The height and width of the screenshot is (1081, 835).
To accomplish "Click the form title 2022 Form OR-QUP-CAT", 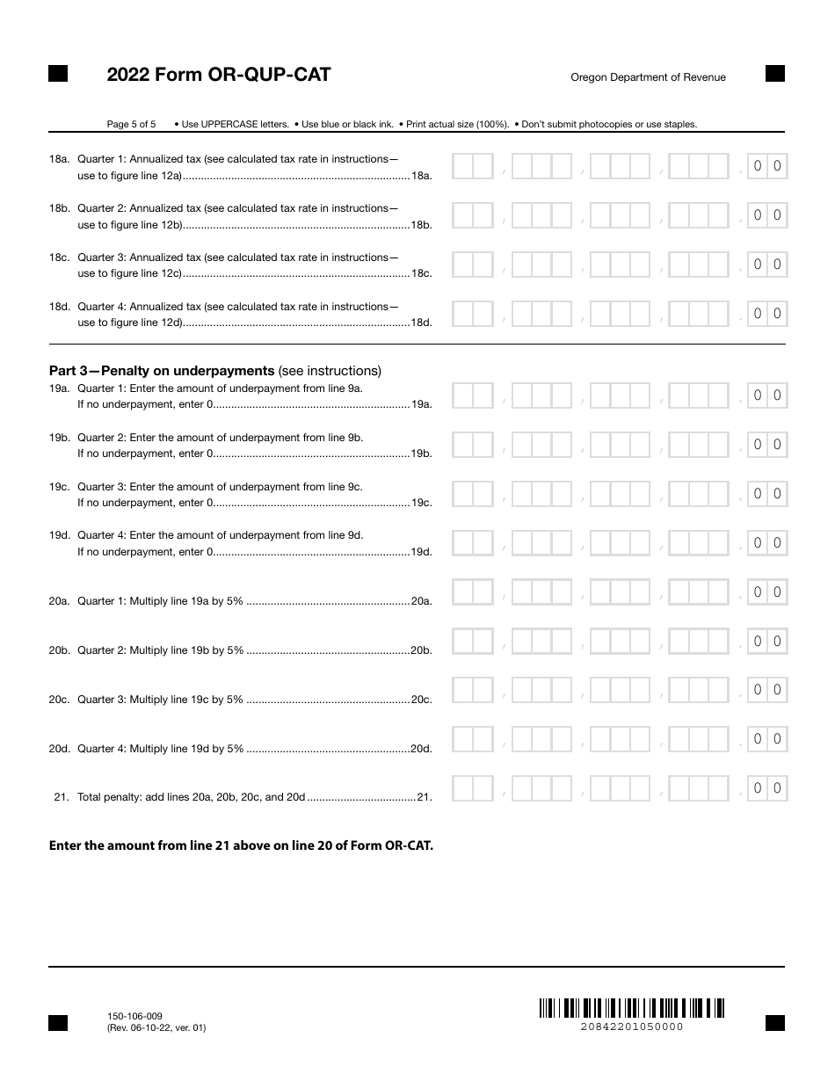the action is pos(219,76).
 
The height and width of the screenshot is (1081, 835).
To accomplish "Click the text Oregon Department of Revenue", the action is pos(648,77).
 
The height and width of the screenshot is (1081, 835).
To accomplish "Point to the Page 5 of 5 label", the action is pos(131,125).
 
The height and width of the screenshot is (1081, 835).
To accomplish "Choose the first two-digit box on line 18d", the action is pos(472,314).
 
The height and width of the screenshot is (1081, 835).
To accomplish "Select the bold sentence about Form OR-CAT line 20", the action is pos(241,846).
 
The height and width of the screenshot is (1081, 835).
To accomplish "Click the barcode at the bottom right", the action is pos(631,1008).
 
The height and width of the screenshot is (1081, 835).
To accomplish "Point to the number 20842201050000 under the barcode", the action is pos(631,1027).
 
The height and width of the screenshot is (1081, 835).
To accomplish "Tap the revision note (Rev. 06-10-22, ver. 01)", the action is pos(156,1027).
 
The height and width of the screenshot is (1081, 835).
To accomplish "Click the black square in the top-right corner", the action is pos(774,74).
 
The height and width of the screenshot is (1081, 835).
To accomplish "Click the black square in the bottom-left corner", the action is pos(58,1022).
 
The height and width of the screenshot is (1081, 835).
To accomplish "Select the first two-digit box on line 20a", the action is pos(472,592).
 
